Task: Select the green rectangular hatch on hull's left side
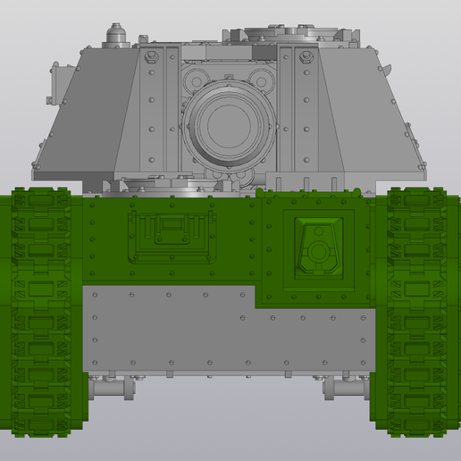[172, 238]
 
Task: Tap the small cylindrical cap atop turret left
[113, 36]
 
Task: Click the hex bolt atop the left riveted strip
[149, 55]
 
